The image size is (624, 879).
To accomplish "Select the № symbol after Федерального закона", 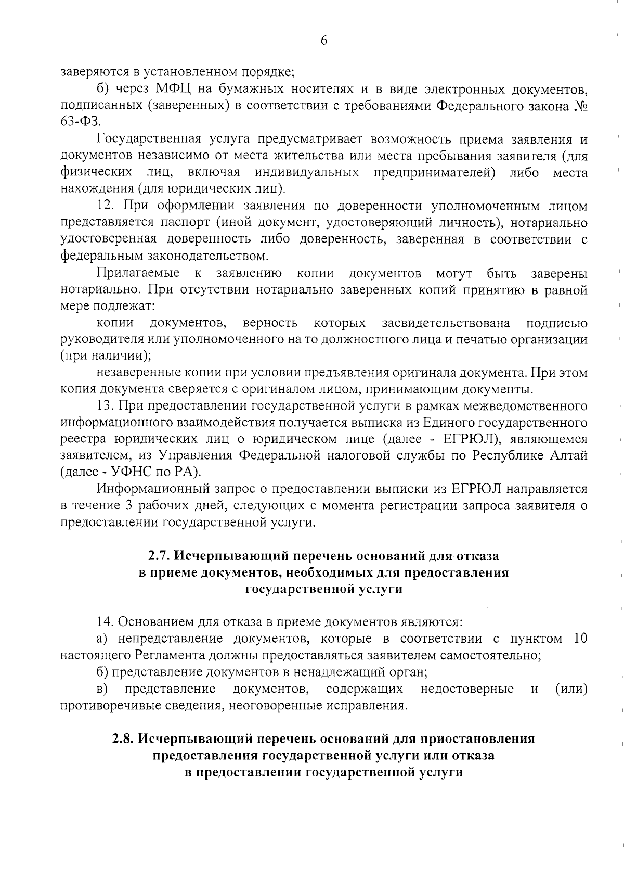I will [580, 105].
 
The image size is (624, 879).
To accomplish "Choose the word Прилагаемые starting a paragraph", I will [138, 273].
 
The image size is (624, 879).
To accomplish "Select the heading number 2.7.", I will [159, 556].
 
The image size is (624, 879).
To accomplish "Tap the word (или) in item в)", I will [571, 689].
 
